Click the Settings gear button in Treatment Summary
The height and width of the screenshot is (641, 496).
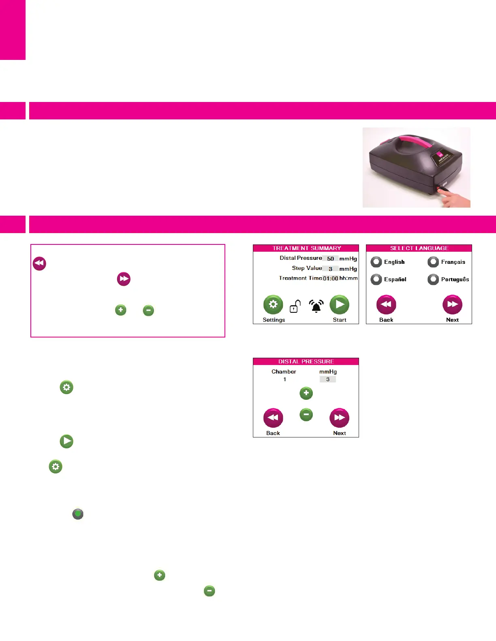273,304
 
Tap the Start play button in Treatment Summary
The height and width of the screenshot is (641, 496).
340,304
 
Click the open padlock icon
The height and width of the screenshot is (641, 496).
295,307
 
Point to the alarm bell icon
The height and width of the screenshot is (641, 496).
316,306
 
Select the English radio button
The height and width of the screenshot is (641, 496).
376,262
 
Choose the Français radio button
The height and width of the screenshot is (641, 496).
433,262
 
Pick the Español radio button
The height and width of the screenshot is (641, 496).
376,279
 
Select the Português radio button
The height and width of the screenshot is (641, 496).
433,279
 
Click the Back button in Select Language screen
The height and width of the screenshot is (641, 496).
386,304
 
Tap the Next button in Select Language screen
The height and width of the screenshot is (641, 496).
452,304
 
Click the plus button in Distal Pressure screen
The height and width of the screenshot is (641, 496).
306,393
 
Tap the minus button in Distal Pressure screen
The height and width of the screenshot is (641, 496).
306,414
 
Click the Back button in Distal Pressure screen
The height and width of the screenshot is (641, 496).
273,418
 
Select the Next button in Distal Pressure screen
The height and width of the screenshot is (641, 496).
340,418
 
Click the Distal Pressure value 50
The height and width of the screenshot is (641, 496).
331,259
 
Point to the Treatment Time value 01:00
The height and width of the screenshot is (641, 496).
330,278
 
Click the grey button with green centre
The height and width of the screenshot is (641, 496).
78,514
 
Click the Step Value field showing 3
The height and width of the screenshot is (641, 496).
331,269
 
